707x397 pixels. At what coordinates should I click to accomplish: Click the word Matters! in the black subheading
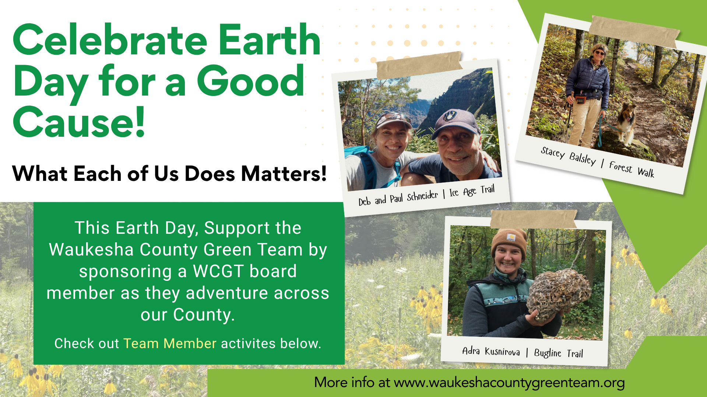pyautogui.click(x=284, y=174)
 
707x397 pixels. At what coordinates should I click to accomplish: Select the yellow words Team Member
pyautogui.click(x=170, y=343)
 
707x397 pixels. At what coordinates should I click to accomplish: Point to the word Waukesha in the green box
pyautogui.click(x=91, y=250)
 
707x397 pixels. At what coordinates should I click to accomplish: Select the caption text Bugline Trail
pyautogui.click(x=558, y=353)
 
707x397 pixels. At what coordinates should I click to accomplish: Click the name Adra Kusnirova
pyautogui.click(x=491, y=351)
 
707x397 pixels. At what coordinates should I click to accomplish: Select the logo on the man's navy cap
pyautogui.click(x=450, y=116)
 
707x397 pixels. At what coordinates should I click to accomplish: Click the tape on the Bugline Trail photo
pyautogui.click(x=533, y=219)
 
